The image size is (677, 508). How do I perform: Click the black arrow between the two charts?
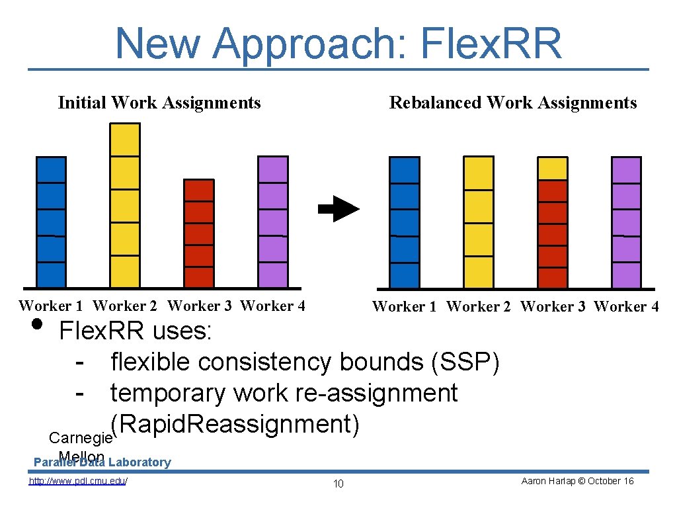click(x=338, y=209)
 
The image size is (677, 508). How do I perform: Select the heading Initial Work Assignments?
click(x=159, y=103)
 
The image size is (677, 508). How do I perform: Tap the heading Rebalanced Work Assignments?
click(x=513, y=103)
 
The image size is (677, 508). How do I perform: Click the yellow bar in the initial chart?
click(x=125, y=205)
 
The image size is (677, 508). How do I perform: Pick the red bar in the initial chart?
click(x=198, y=233)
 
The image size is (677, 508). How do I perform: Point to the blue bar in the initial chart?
click(x=51, y=222)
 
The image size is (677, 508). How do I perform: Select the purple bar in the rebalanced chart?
click(x=626, y=222)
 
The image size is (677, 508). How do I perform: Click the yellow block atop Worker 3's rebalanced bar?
click(x=552, y=169)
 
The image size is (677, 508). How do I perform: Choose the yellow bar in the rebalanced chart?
click(x=479, y=222)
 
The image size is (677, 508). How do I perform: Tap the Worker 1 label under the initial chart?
click(x=51, y=306)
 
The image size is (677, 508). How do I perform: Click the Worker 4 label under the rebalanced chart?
click(x=626, y=306)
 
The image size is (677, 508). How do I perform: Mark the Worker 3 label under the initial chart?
click(x=200, y=306)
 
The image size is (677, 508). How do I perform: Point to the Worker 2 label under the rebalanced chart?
click(x=479, y=306)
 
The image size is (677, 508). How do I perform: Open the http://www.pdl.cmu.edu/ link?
click(x=78, y=481)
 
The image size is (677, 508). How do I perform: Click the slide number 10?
click(x=338, y=484)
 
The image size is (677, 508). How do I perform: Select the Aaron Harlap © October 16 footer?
click(x=577, y=481)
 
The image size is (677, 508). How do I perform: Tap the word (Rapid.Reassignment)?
click(x=235, y=424)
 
